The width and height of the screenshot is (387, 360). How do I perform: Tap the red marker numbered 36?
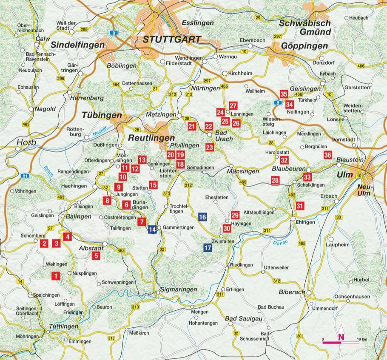coord(327,155)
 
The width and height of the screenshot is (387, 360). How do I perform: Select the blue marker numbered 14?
coord(152,230)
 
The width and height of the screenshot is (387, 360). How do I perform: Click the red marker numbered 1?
coord(55,276)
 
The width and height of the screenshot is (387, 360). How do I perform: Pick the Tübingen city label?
coord(102,116)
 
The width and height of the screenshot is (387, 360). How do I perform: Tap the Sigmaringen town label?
coord(179,289)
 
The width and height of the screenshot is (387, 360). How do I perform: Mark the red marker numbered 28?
coord(275,181)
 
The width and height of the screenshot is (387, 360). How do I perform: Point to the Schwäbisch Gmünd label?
coord(305,28)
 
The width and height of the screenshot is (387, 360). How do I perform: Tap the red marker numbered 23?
coord(209,147)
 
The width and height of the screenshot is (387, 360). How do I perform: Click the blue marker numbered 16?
coord(202,217)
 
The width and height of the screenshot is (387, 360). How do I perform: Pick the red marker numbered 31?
coord(300,206)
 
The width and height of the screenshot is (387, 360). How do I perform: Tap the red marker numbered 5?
coord(96,256)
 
